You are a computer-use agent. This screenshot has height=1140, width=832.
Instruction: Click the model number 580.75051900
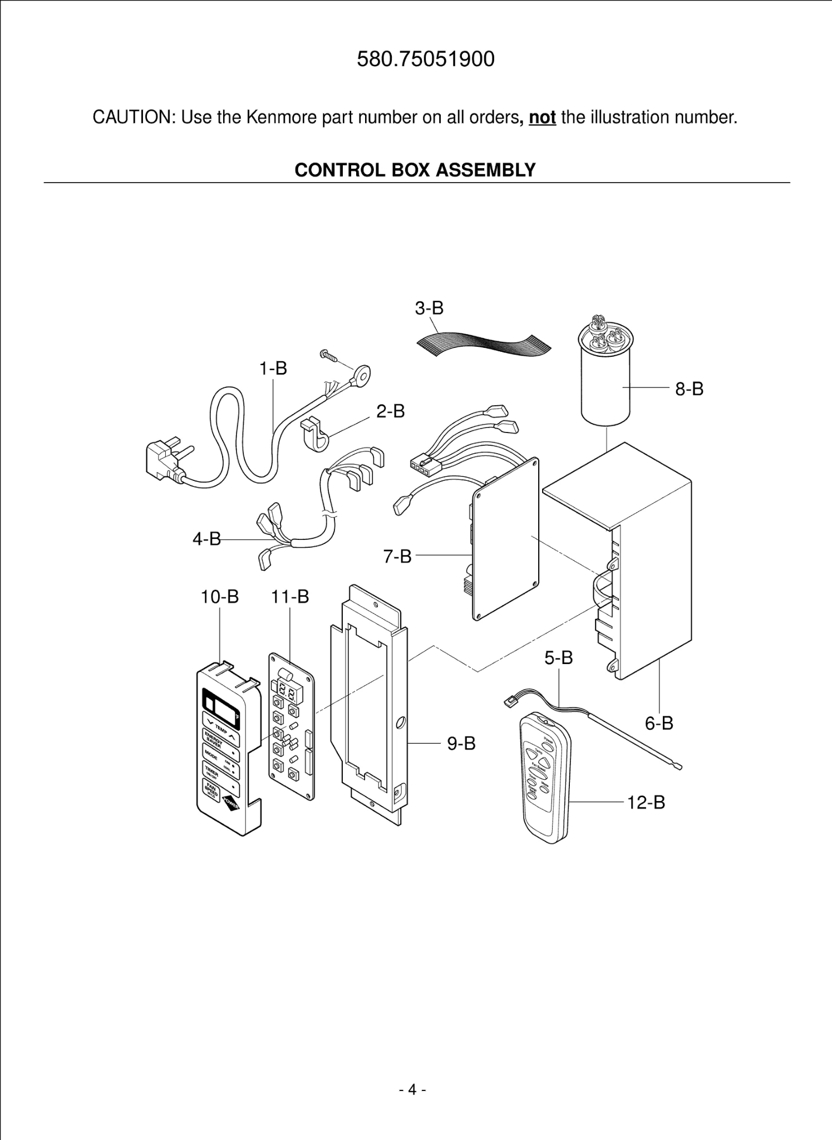pos(425,59)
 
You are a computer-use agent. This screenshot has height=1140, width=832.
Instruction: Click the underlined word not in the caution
pos(542,117)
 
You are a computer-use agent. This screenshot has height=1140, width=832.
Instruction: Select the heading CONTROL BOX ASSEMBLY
pos(415,170)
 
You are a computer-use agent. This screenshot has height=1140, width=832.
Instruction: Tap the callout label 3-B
pos(429,308)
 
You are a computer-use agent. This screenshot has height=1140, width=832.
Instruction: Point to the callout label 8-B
pos(689,389)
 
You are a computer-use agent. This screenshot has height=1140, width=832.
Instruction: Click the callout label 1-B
pos(273,368)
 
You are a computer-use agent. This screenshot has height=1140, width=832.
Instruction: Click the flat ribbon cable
pos(483,344)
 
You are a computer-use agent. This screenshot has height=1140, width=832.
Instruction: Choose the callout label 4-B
pos(206,539)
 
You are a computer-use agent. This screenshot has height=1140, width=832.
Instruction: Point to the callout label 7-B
pos(397,556)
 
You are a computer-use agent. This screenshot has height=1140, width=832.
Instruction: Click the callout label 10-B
pos(219,597)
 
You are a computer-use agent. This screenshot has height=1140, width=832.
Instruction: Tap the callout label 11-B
pos(289,597)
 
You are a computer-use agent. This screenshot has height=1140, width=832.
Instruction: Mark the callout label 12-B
pos(646,803)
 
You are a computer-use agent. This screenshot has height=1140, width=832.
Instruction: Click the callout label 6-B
pos(659,723)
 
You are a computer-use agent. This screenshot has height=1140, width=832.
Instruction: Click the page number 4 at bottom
pos(412,1089)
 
